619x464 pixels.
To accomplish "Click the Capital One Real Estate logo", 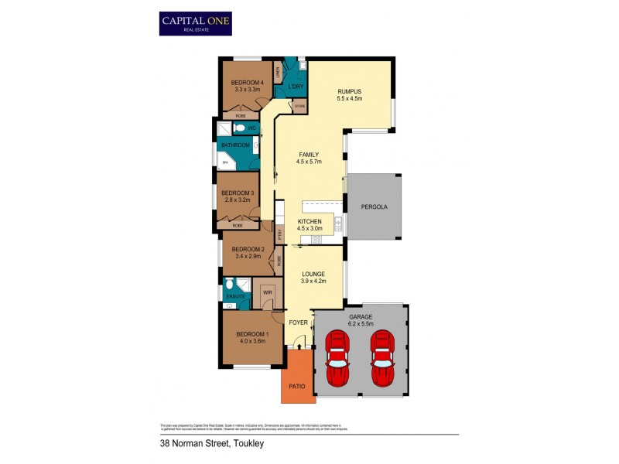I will point(195,23).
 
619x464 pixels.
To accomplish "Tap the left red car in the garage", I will point(338,358).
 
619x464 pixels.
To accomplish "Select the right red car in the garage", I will point(382,358).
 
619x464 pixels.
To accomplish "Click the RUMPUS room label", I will point(349,91).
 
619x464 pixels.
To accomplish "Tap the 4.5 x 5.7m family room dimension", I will point(309,162).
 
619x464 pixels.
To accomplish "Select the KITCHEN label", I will point(309,221).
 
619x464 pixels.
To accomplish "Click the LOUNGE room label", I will point(313,274).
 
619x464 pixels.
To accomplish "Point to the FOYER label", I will point(299,322).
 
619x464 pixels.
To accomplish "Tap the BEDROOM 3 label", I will point(236,193).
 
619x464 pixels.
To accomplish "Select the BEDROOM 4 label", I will point(248,83).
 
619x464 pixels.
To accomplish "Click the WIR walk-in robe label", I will point(266,292).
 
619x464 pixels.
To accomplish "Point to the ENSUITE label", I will point(235,296).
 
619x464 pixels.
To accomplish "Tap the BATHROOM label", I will point(235,145).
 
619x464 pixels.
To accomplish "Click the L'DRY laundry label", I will point(294,87).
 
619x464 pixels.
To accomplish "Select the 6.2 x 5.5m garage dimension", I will point(361,323).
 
